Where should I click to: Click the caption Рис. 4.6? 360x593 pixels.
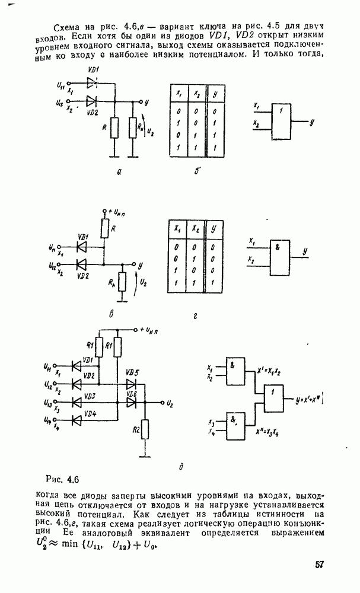(x=63, y=479)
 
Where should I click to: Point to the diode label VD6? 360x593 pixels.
(x=132, y=394)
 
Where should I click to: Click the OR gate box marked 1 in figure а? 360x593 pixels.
(x=281, y=121)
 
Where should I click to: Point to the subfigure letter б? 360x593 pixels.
(x=196, y=173)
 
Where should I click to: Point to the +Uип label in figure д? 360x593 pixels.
(x=152, y=329)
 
